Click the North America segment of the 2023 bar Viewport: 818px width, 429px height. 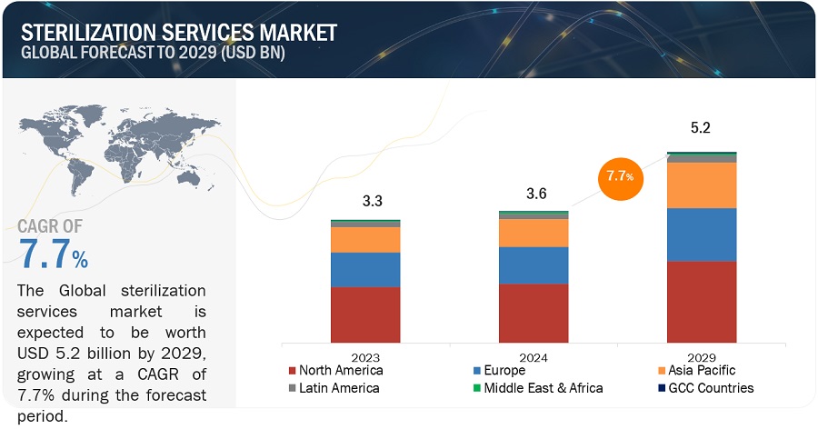click(365, 313)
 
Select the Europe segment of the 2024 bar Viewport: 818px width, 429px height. click(534, 265)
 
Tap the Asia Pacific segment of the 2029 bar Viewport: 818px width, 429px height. click(702, 185)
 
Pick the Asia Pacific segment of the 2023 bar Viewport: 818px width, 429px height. click(365, 239)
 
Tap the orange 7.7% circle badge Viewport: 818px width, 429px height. click(621, 175)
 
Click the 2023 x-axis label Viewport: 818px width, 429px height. click(365, 358)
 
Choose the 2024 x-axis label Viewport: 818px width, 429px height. click(534, 358)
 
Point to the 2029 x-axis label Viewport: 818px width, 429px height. click(702, 358)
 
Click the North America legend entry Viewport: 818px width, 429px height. click(335, 371)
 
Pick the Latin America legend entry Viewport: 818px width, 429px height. click(334, 388)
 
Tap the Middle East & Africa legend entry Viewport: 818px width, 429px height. click(543, 388)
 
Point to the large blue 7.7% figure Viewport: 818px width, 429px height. click(54, 255)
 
